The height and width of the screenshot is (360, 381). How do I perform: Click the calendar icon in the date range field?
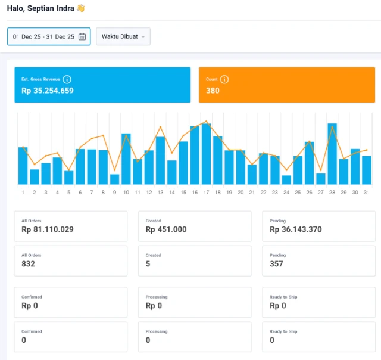82,36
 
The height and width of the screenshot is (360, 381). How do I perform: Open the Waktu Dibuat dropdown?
123,36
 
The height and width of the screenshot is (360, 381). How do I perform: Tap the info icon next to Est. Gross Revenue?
67,79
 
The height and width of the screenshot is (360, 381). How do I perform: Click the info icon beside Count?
224,79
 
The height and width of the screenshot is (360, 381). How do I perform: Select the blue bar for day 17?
207,154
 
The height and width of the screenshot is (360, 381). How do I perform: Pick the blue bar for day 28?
332,154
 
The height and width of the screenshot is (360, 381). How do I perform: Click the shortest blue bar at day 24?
286,180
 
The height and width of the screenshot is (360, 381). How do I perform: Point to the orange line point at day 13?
160,127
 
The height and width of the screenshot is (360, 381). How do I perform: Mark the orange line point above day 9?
115,170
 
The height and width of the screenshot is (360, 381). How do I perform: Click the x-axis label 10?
126,193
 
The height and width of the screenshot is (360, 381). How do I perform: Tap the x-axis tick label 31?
367,193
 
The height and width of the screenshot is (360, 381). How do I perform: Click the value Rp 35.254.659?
48,91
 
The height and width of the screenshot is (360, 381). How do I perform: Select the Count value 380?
213,91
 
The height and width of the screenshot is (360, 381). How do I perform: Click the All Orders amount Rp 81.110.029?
48,229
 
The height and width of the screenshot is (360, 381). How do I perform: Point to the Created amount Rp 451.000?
166,229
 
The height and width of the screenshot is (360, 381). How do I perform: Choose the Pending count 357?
276,263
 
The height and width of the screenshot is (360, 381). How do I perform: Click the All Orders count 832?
28,263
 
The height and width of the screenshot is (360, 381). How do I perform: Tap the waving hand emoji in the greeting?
81,8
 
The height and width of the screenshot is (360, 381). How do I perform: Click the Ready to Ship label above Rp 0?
283,297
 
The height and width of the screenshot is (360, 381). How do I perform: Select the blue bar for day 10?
126,159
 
